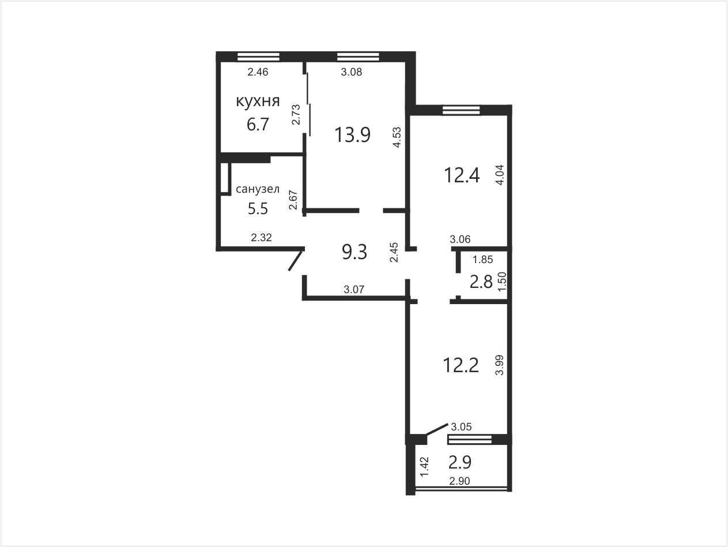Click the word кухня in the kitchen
(258, 101)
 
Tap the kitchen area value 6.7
(258, 125)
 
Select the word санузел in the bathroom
(258, 189)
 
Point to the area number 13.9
(352, 135)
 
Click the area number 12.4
(462, 175)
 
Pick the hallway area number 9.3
(354, 252)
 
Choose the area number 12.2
(461, 365)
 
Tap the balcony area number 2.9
(460, 462)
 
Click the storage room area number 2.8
(481, 282)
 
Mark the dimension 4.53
(397, 137)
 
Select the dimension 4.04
(500, 175)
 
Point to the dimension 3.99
(499, 365)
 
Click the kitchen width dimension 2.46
(258, 72)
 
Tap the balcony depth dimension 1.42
(425, 467)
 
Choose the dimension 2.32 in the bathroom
(261, 237)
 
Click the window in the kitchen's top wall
(258, 57)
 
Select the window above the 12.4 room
(461, 110)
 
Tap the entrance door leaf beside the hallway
(296, 261)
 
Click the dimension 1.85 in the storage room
(483, 260)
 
